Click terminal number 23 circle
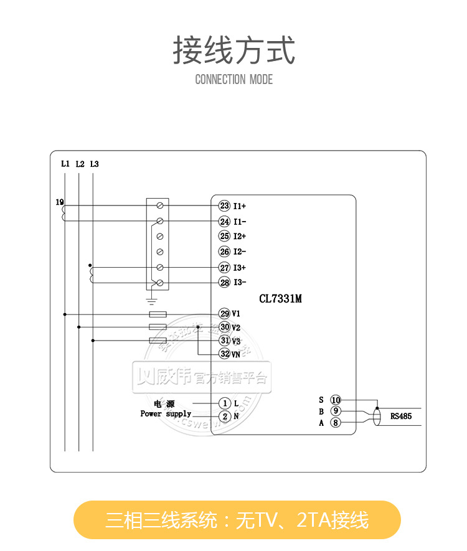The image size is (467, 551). pyautogui.click(x=224, y=205)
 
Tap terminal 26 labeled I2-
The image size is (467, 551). pyautogui.click(x=224, y=252)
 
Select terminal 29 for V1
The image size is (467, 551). pyautogui.click(x=224, y=314)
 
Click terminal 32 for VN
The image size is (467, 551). pyautogui.click(x=224, y=354)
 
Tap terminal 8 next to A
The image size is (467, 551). pyautogui.click(x=336, y=423)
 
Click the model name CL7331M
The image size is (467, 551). pyautogui.click(x=280, y=299)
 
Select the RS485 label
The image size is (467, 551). pyautogui.click(x=401, y=416)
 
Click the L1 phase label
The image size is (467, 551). pyautogui.click(x=65, y=164)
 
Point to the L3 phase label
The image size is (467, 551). pyautogui.click(x=94, y=164)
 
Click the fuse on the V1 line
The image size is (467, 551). pyautogui.click(x=158, y=314)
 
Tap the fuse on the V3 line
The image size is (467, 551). pyautogui.click(x=158, y=341)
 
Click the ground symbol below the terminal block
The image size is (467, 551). pyautogui.click(x=150, y=300)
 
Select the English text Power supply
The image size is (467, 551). pyautogui.click(x=166, y=413)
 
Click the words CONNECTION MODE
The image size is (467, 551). pyautogui.click(x=233, y=80)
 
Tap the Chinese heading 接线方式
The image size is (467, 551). pyautogui.click(x=233, y=50)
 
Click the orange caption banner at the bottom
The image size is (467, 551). pyautogui.click(x=237, y=520)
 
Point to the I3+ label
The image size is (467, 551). pyautogui.click(x=240, y=268)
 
